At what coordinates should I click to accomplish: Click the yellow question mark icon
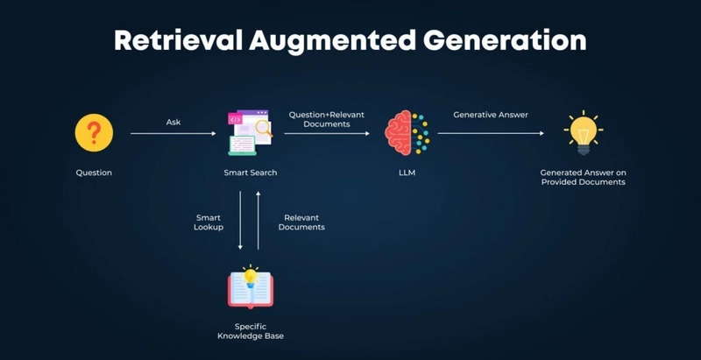(x=94, y=132)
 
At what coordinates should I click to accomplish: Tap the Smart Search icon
(x=251, y=132)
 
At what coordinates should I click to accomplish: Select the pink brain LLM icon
(x=407, y=132)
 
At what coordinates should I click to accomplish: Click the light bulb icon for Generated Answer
(x=584, y=132)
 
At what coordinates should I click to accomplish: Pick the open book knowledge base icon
(x=251, y=286)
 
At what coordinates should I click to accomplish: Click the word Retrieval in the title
(x=179, y=40)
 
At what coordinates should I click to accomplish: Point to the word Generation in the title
(x=505, y=40)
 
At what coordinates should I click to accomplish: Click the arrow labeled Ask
(x=173, y=133)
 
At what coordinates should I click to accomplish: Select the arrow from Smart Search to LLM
(x=327, y=133)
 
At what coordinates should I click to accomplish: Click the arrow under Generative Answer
(x=491, y=133)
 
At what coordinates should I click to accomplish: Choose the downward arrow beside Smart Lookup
(x=240, y=220)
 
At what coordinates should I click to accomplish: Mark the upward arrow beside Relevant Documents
(x=258, y=220)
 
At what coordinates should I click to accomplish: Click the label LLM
(x=407, y=173)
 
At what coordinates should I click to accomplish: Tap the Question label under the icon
(x=94, y=173)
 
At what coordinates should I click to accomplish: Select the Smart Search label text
(x=251, y=173)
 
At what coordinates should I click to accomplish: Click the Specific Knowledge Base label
(x=251, y=331)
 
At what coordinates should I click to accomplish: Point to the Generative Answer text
(x=491, y=115)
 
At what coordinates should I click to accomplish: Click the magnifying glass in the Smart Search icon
(x=264, y=128)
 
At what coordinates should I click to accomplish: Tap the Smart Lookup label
(x=209, y=222)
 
